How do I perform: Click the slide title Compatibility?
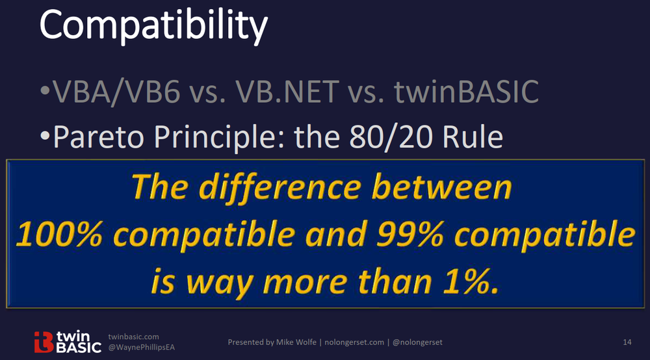click(x=153, y=27)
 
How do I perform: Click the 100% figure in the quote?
click(x=58, y=236)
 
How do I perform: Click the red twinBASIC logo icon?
click(x=43, y=341)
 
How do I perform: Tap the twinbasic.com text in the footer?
click(x=133, y=337)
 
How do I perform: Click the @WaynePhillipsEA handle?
click(x=142, y=348)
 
